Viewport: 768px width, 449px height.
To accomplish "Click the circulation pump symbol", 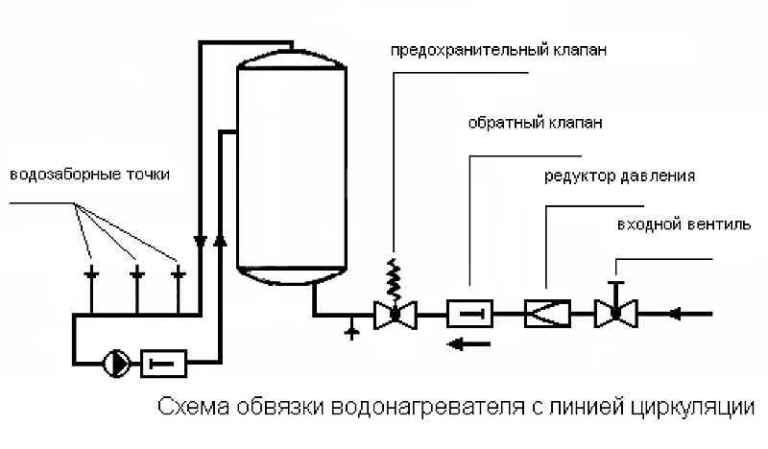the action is [116, 364].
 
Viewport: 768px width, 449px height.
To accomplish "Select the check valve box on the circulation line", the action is [163, 364].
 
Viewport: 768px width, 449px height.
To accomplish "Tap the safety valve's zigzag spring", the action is [394, 279].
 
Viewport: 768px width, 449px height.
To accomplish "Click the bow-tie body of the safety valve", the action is [396, 316].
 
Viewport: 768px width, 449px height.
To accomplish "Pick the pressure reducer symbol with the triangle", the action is [547, 314].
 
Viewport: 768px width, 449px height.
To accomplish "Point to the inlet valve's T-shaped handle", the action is [615, 292].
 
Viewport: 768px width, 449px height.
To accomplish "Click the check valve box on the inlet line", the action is [469, 314].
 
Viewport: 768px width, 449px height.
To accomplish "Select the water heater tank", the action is [292, 167].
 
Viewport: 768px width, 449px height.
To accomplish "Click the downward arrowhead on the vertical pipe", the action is [201, 241].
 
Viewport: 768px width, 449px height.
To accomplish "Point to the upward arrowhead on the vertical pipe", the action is [221, 240].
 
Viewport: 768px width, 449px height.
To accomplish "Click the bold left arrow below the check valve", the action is [468, 344].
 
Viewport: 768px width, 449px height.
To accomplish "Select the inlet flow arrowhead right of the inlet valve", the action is [676, 314].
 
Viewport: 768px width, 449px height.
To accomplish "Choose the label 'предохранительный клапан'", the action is [498, 51].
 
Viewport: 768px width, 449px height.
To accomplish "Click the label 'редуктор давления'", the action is [619, 176].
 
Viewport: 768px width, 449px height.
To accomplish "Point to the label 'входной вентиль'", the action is [684, 224].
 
